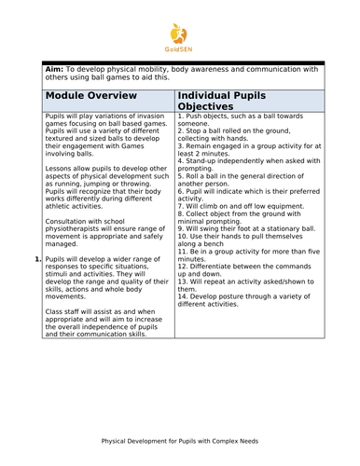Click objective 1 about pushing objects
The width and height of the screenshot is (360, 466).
(x=242, y=119)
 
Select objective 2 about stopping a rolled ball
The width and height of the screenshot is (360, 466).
(x=242, y=137)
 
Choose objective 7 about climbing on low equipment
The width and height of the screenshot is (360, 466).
(x=242, y=205)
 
